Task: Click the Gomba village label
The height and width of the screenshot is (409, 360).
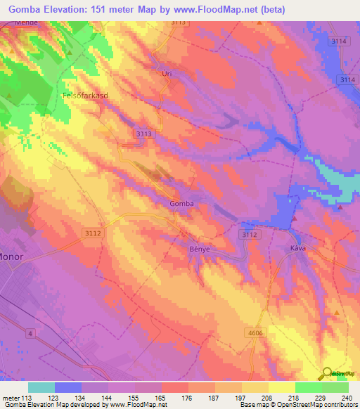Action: coord(181,204)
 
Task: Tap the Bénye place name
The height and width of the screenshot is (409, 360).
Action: coord(200,249)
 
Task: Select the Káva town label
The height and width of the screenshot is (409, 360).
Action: coord(300,249)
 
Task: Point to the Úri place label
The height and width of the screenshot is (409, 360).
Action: coord(167,73)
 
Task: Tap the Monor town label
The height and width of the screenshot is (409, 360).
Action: coord(11,257)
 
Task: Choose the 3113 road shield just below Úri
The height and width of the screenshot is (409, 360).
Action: coord(143,132)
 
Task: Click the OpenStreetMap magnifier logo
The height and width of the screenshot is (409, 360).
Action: coord(326,374)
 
